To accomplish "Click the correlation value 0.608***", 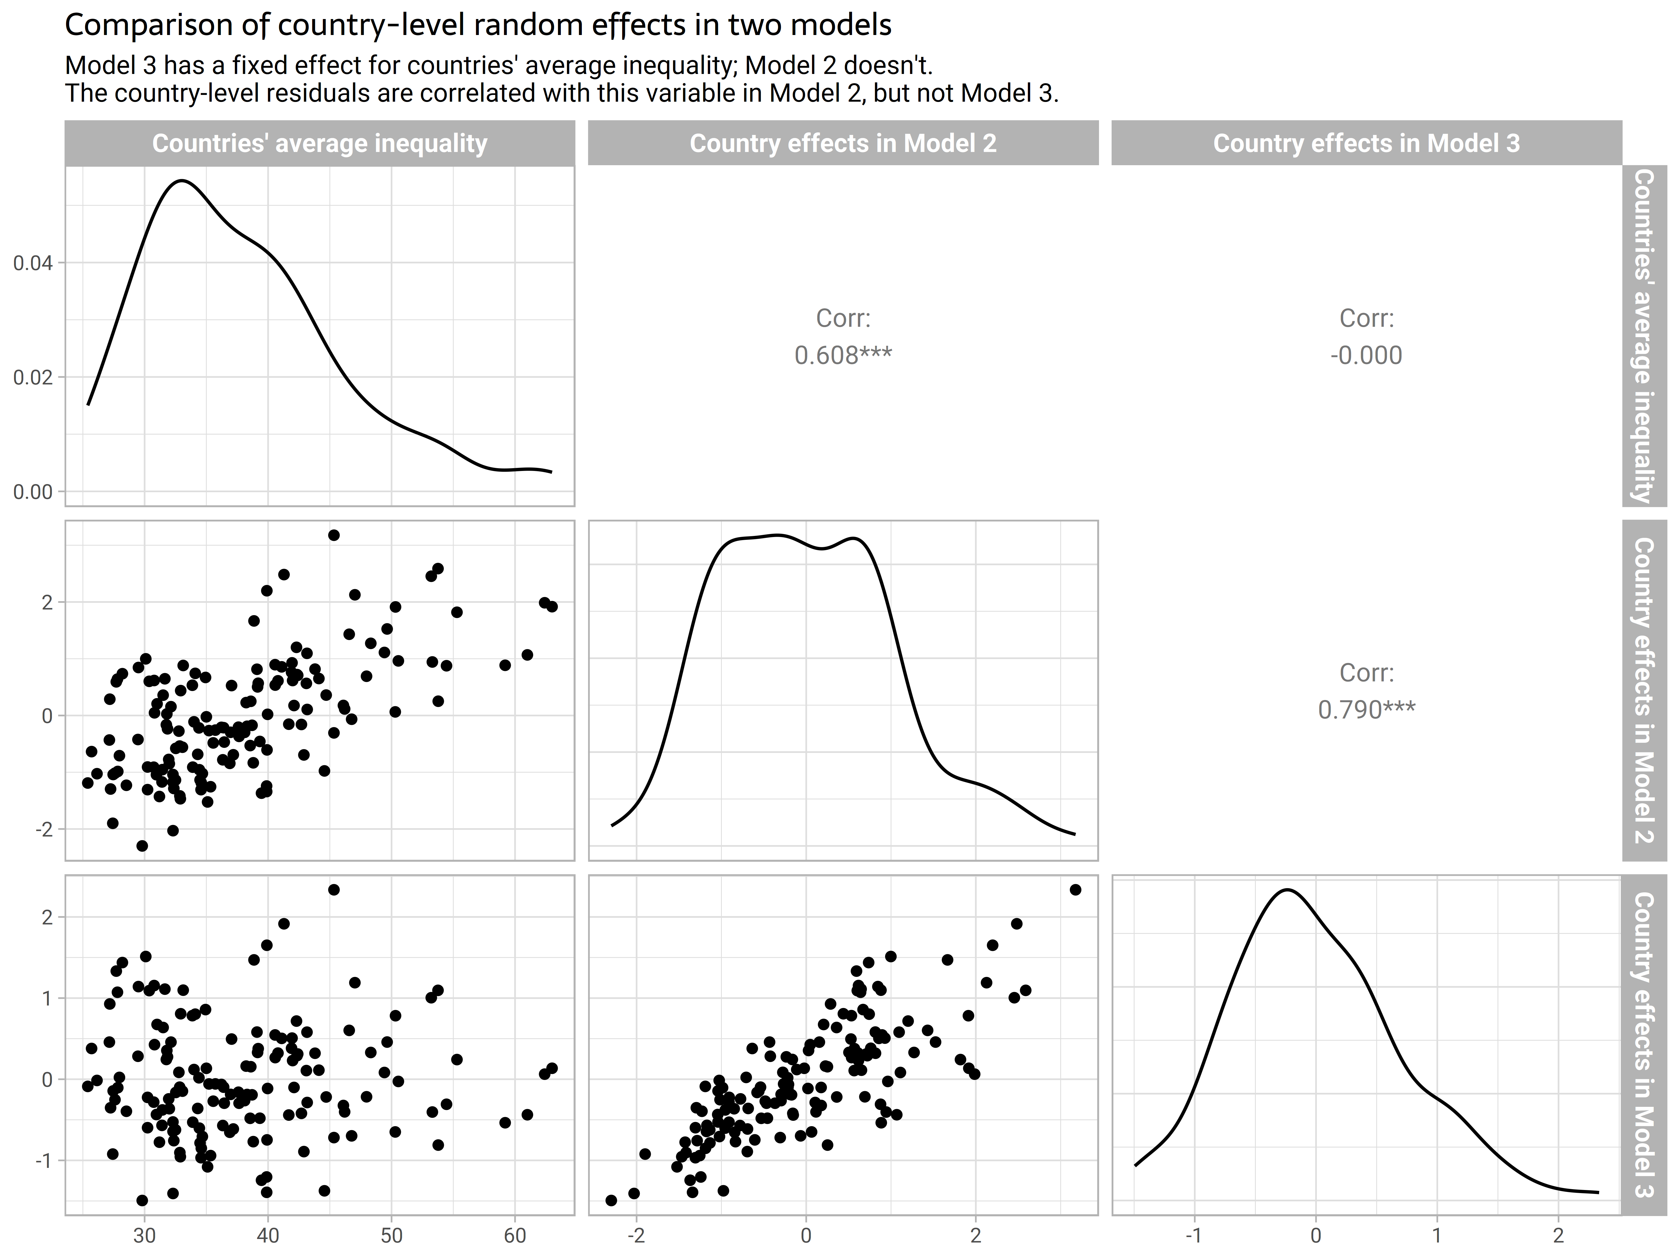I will pos(843,355).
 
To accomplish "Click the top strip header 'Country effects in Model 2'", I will pos(843,144).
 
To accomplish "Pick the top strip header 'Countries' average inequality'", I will pos(320,144).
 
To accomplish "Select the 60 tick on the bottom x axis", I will pos(515,1236).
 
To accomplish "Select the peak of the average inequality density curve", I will pos(184,181).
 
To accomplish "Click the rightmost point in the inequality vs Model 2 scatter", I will pos(552,606).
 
